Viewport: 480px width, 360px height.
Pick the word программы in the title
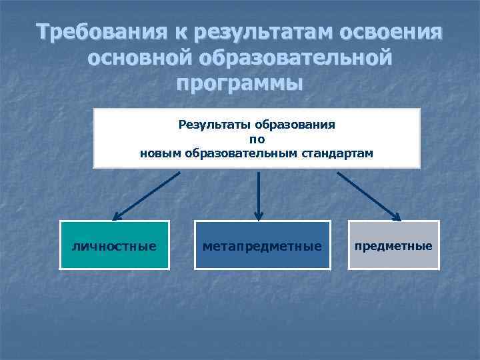click(x=240, y=84)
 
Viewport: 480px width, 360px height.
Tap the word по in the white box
click(x=257, y=139)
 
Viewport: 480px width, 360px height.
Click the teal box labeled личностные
click(x=114, y=245)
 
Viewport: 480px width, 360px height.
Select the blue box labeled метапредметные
click(x=262, y=245)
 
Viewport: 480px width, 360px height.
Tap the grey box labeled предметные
click(x=393, y=245)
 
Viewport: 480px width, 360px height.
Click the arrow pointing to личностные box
click(x=147, y=195)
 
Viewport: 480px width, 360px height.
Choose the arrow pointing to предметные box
click(x=368, y=195)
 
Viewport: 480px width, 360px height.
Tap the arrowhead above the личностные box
click(x=117, y=215)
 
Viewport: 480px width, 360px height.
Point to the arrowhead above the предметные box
click(x=395, y=215)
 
